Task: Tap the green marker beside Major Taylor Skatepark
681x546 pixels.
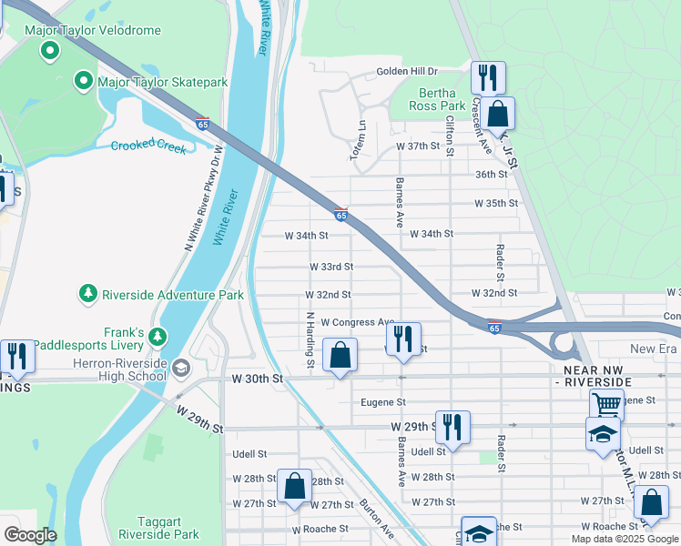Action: [85, 82]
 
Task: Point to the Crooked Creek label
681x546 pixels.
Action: [148, 146]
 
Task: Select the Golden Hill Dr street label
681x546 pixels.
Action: [408, 71]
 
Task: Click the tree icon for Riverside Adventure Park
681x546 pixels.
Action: [88, 294]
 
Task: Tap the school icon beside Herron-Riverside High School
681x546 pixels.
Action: [181, 368]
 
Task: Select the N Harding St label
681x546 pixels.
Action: [310, 340]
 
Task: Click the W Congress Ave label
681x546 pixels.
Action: [358, 322]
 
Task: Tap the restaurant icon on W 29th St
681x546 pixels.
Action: [452, 428]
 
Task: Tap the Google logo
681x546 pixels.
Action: [30, 535]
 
